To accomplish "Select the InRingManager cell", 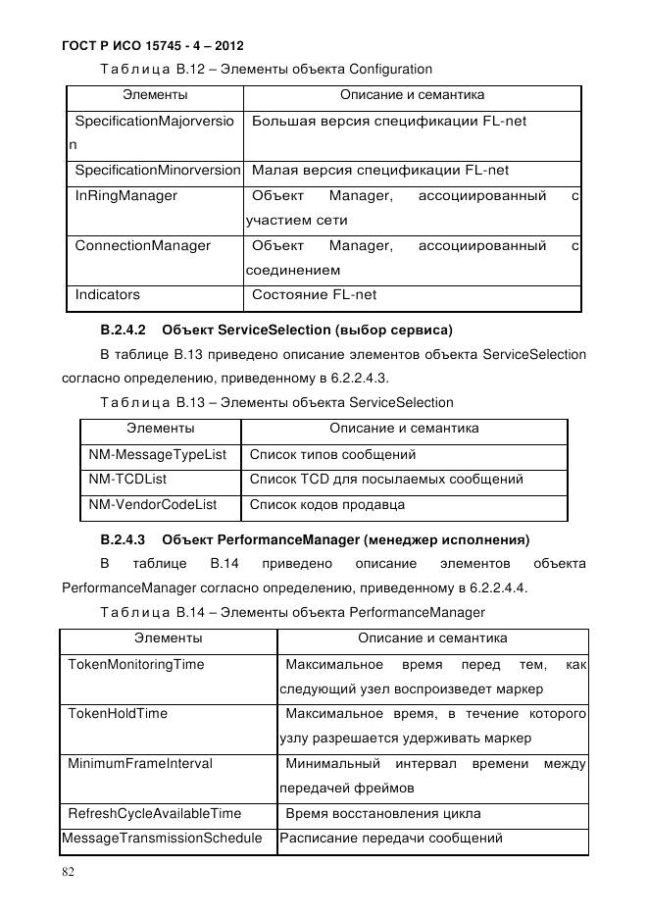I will click(x=126, y=196).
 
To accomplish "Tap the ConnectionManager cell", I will click(x=143, y=245).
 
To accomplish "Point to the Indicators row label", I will click(x=108, y=294).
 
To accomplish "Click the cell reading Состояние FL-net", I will click(x=315, y=294).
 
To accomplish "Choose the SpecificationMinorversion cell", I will click(x=157, y=171).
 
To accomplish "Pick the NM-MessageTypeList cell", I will click(x=157, y=455).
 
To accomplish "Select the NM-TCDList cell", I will click(x=127, y=480).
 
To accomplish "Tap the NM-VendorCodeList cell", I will click(x=152, y=505).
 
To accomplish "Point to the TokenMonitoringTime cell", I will click(x=135, y=665).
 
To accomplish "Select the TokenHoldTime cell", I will click(x=118, y=714).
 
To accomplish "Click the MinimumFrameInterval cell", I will click(x=140, y=763).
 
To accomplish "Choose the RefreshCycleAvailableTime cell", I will click(x=154, y=813).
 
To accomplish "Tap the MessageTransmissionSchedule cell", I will click(x=162, y=839).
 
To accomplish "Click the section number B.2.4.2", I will click(x=123, y=328).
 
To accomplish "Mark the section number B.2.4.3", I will click(x=123, y=539).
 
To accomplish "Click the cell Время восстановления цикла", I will click(x=382, y=813).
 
